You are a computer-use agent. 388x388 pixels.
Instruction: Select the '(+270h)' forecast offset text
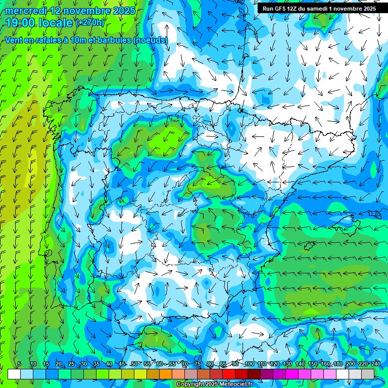tap(90, 22)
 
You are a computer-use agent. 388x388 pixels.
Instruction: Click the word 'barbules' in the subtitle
tap(111, 40)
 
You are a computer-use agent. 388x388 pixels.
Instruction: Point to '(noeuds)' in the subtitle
tap(150, 40)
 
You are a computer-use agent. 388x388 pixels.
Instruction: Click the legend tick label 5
tap(19, 364)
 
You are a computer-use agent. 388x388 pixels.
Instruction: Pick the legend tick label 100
tap(249, 364)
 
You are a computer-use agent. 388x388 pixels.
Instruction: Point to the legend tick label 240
tap(375, 364)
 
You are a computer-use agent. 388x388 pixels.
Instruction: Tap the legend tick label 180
tap(337, 364)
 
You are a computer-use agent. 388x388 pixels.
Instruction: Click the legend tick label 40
tap(109, 364)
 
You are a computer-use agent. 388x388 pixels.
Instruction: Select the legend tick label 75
tap(198, 364)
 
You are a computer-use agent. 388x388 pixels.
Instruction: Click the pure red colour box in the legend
tap(229, 374)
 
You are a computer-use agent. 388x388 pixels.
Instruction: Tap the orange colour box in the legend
tap(166, 374)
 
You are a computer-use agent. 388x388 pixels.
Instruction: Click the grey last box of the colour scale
tap(368, 374)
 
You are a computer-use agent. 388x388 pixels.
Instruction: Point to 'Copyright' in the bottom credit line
tap(190, 384)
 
